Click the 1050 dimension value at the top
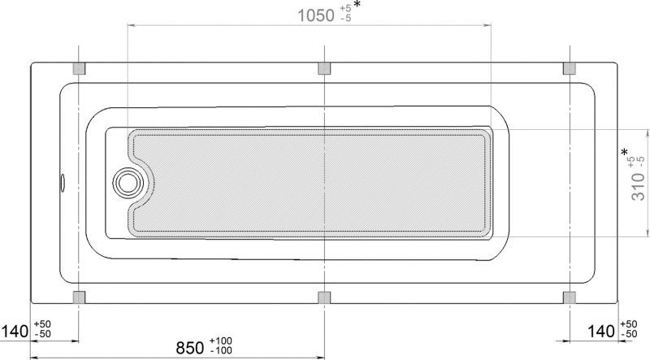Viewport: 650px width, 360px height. [x=316, y=15]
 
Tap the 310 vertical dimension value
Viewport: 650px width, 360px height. [x=638, y=187]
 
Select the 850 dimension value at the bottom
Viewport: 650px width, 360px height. [x=190, y=348]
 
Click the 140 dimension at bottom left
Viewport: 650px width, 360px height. [x=15, y=332]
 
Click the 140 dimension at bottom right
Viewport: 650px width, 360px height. [x=601, y=332]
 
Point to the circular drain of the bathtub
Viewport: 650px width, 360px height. [x=128, y=183]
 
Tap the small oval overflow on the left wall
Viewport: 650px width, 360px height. [x=63, y=183]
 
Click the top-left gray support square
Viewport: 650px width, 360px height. [x=79, y=68]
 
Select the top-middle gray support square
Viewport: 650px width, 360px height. [x=324, y=68]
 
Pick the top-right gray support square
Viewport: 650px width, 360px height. [x=570, y=68]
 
